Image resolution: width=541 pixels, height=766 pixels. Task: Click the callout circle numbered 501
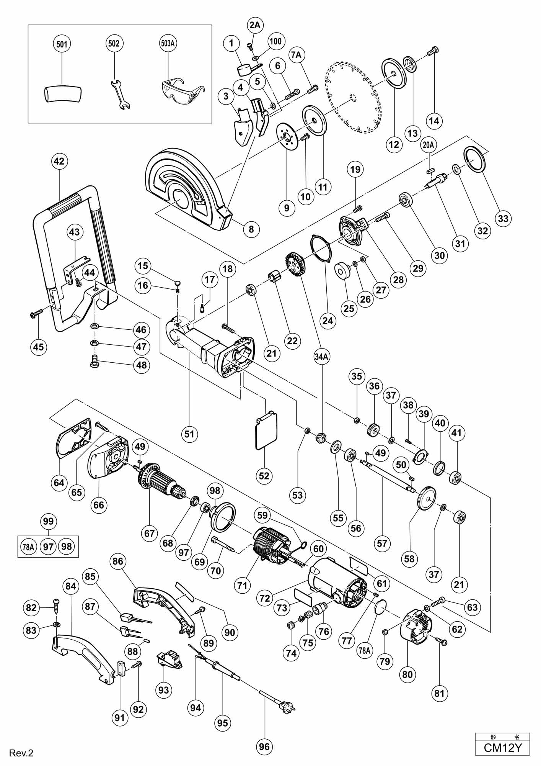(x=62, y=44)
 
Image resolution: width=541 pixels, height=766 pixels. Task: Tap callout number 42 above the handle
(x=59, y=161)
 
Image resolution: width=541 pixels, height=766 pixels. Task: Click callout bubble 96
(x=264, y=746)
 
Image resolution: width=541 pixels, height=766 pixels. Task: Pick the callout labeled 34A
(x=321, y=357)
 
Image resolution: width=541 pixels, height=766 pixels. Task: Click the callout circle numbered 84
(x=71, y=586)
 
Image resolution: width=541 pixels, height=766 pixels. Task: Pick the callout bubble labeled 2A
(x=255, y=25)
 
